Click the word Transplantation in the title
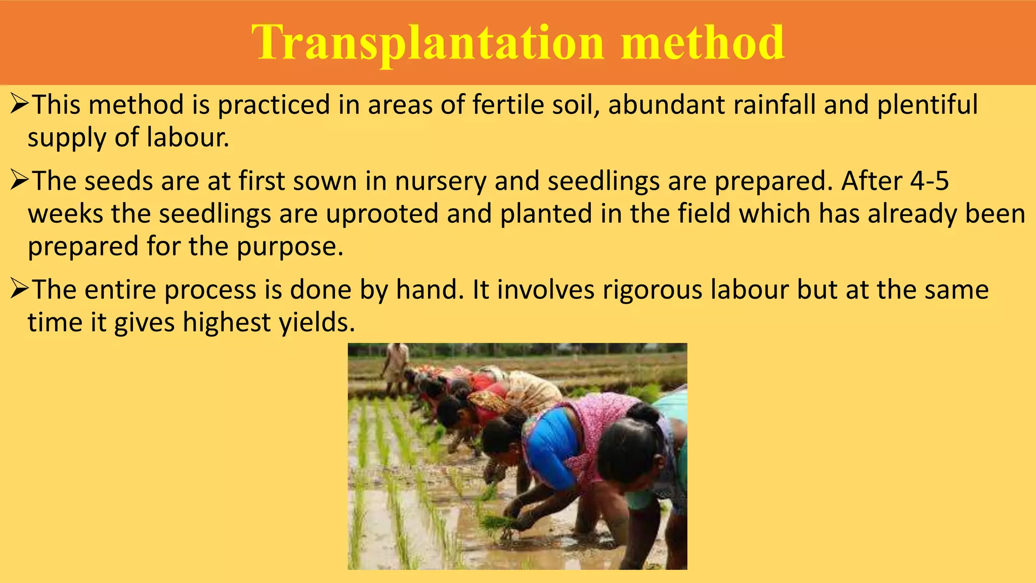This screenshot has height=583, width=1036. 427,43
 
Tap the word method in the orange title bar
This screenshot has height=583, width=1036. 703,43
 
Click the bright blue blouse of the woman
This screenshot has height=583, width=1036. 554,445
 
